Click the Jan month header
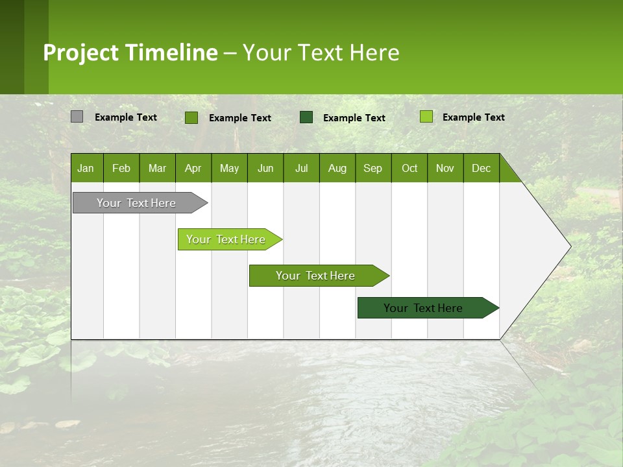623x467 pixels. (86, 168)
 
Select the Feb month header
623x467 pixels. (121, 168)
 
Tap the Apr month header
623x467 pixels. (193, 168)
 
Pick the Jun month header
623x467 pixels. (265, 168)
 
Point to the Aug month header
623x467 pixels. (337, 168)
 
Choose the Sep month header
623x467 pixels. (373, 168)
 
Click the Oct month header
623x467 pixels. (409, 168)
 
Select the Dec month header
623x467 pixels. (481, 168)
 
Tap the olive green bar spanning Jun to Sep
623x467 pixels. (316, 276)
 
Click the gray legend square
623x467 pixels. (77, 117)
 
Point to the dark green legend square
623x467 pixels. (306, 117)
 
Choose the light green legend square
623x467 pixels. (426, 117)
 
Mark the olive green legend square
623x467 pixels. (191, 117)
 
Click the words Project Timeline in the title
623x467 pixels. (130, 53)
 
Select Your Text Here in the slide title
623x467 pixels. (321, 53)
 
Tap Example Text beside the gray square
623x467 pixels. (126, 117)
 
